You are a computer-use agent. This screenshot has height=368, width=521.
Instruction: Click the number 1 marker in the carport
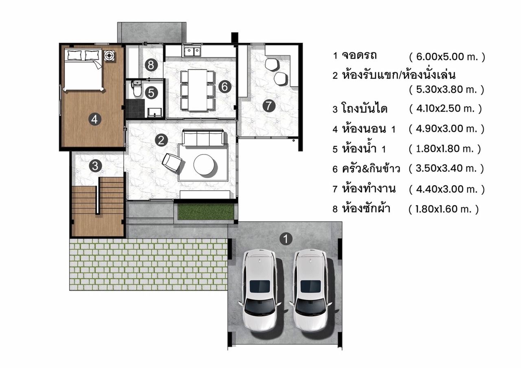pos(286,239)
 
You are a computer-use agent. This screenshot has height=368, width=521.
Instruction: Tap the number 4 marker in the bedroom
pos(95,120)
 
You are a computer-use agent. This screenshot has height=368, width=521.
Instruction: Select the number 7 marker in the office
pos(269,106)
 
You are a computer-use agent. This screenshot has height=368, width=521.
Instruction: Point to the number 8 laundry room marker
pos(151,65)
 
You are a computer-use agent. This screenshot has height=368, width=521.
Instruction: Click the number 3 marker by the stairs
pos(95,166)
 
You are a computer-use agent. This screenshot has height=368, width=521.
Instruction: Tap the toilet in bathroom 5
pos(136,88)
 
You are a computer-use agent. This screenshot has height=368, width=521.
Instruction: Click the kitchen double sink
pos(192,51)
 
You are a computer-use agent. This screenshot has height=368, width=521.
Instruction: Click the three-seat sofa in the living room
pos(203,137)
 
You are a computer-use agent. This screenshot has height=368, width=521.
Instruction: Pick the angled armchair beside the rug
pos(172,162)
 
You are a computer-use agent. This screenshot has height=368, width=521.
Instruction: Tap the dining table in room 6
pos(197,90)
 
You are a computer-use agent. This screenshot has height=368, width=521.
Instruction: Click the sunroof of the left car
pos(260,286)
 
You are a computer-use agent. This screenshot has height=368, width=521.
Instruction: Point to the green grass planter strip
pos(206,211)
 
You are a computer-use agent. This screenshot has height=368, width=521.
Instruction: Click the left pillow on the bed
pos(75,56)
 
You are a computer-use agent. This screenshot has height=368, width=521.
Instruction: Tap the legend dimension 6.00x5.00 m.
pos(447,57)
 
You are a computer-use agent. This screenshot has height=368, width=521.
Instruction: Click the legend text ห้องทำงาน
pos(369,189)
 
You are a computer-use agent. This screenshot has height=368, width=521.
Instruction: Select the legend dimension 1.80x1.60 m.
pos(444,209)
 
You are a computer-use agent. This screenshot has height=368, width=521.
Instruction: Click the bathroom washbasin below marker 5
pos(155,113)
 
